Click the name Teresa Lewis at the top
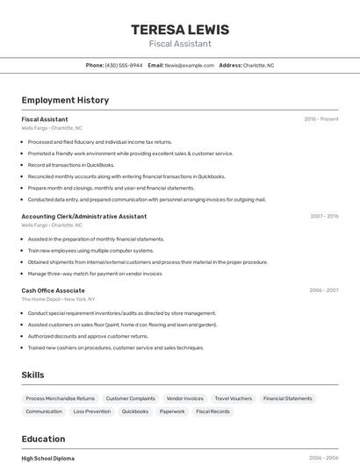[179, 29]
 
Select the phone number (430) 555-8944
[124, 65]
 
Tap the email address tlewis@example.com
[190, 65]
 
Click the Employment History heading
[65, 100]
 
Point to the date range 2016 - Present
[321, 118]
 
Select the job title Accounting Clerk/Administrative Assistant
[84, 216]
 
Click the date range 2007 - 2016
[324, 216]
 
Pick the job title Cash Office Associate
[54, 290]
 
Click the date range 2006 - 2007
[324, 290]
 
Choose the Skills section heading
[32, 375]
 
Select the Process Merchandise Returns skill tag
[60, 398]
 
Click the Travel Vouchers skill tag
[233, 398]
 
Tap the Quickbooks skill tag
[134, 411]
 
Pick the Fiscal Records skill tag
[212, 411]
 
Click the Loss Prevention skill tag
[91, 411]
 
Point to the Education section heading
[43, 439]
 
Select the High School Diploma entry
[48, 458]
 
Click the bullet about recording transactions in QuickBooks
[71, 165]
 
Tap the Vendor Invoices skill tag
[184, 398]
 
